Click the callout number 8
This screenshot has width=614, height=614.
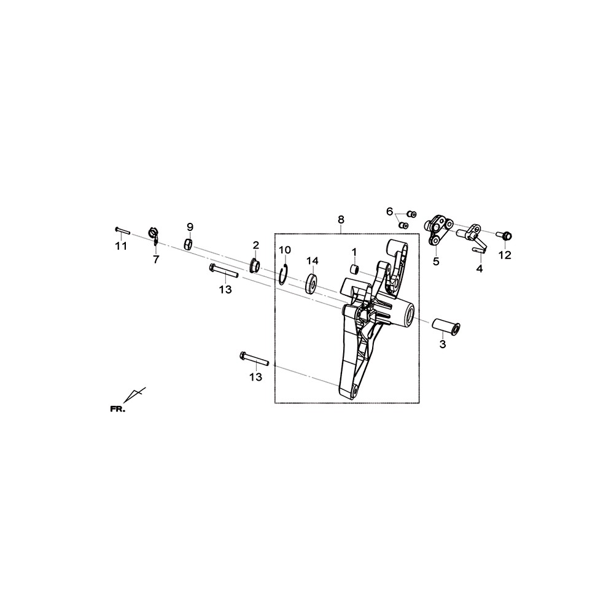[x=341, y=220]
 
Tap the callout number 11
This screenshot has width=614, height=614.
[x=121, y=246]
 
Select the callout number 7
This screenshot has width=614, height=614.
[x=156, y=259]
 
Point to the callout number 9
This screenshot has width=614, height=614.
[x=190, y=227]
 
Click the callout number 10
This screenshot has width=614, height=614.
[x=285, y=250]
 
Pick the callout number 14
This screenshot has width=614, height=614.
[x=313, y=261]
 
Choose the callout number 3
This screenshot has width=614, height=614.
[x=443, y=344]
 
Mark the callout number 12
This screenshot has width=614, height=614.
[x=505, y=255]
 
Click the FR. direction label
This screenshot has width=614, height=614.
[x=117, y=410]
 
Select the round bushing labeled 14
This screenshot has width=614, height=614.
[x=312, y=282]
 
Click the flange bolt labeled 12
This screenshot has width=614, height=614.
[x=504, y=236]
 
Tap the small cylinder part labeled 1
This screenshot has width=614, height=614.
[x=354, y=270]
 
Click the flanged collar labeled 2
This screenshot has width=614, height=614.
[x=255, y=265]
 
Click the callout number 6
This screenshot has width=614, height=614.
[x=389, y=212]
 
